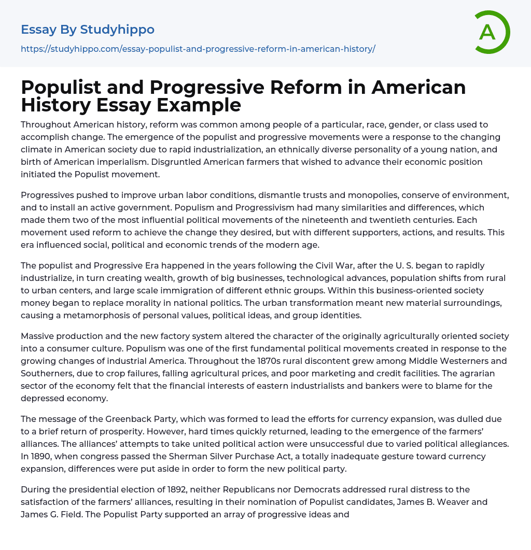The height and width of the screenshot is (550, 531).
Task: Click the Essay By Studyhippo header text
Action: coord(88,30)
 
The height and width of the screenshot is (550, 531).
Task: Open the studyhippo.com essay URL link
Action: coord(198,49)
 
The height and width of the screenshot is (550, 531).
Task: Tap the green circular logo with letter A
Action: coord(489,32)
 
